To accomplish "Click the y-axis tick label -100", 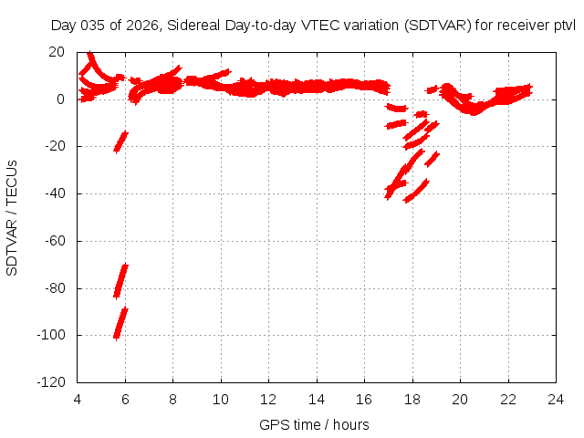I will click(51, 336).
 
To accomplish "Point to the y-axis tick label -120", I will click(51, 383).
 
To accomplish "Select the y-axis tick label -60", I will click(55, 241).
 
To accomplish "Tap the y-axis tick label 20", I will click(57, 52).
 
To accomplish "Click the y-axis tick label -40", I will click(55, 193).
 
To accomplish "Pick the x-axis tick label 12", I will click(268, 400).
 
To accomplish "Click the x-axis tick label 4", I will click(78, 400).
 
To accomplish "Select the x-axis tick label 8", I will click(172, 400).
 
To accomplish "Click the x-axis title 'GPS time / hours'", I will click(314, 424).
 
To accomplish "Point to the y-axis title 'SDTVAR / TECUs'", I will click(13, 217).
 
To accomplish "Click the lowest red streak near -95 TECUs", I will click(120, 323).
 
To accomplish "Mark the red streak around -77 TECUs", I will click(120, 279).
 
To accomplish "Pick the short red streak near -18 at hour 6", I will click(120, 141).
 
